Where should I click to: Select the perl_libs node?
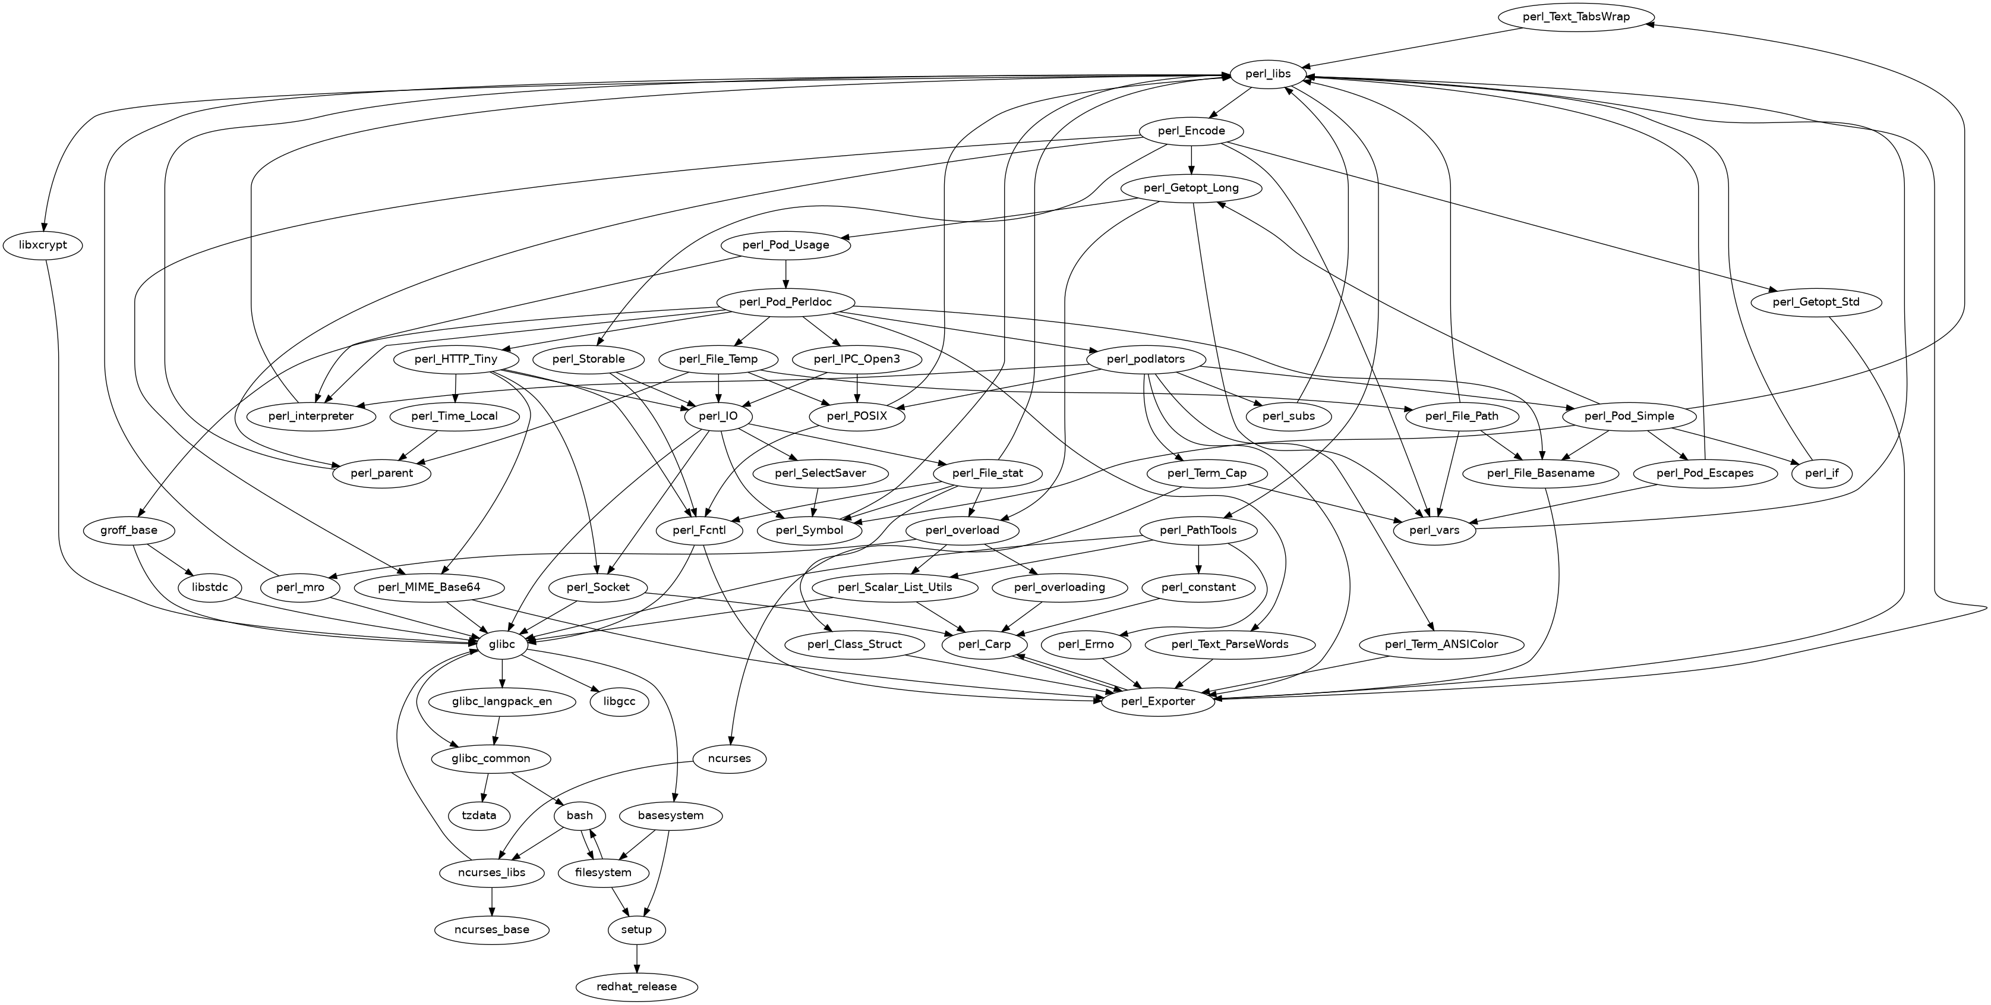coord(1267,74)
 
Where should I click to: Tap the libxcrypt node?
coord(43,245)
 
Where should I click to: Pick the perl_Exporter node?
coord(1158,701)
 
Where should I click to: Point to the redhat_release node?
coord(636,987)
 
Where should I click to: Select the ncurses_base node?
coord(493,930)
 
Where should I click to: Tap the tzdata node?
coord(479,815)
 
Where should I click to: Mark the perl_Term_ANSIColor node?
coord(1441,644)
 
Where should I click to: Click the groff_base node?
coord(129,530)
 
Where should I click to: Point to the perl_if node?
coord(1822,473)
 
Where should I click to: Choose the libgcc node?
coord(619,701)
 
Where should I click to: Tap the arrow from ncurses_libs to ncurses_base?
coord(493,900)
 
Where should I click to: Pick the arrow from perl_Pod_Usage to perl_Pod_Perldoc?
coord(785,273)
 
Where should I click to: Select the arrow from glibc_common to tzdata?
coord(485,787)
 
